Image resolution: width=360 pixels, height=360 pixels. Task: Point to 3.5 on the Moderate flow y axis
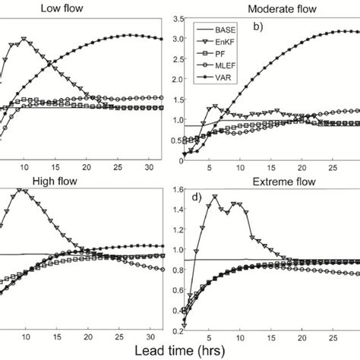[x=172, y=17]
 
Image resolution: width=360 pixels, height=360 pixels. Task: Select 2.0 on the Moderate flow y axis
[x=172, y=79]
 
